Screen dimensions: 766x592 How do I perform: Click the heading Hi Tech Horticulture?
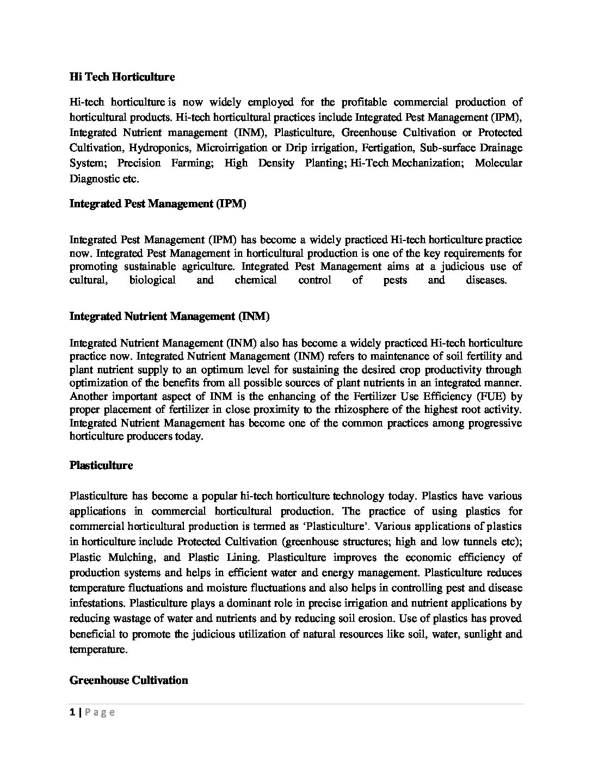click(122, 77)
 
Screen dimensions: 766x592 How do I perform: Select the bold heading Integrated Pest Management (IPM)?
click(158, 203)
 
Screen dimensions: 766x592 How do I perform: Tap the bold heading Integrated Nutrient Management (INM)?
click(169, 316)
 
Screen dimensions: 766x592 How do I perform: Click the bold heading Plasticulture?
click(101, 465)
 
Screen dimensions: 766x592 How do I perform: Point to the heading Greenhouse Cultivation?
click(129, 680)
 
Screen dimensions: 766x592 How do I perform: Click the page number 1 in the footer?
click(72, 713)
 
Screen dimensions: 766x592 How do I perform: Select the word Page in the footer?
click(100, 713)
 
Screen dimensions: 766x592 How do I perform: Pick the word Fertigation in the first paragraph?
click(379, 147)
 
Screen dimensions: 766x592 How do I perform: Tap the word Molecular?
click(498, 163)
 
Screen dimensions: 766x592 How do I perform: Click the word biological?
click(152, 280)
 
